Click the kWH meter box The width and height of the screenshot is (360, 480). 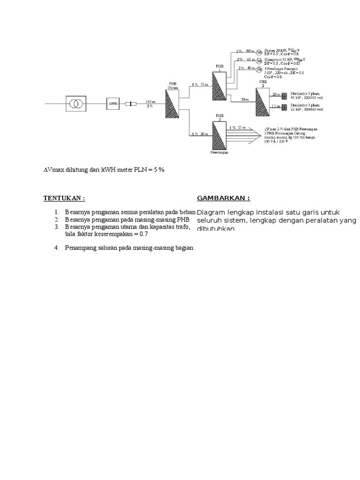[112, 104]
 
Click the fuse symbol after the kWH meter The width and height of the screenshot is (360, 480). [133, 104]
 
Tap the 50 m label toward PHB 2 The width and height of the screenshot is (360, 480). [245, 99]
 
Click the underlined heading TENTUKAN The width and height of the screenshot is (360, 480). [64, 198]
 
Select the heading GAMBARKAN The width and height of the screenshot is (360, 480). [224, 198]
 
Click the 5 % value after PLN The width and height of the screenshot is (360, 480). [157, 170]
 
